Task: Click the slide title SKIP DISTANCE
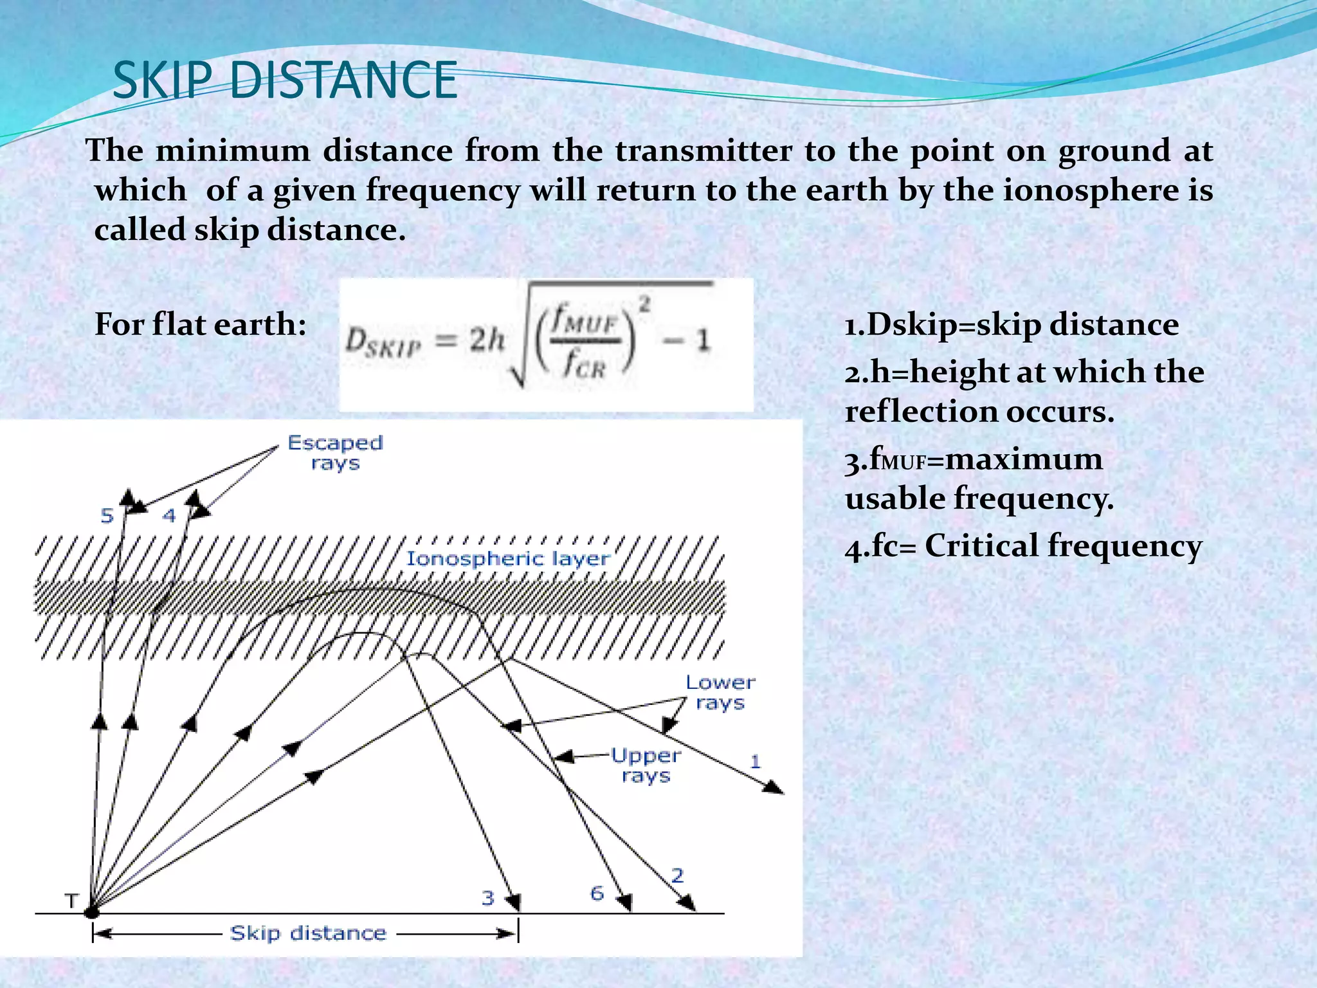[x=284, y=80]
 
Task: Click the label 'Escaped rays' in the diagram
[x=334, y=452]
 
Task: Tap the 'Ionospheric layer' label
[x=507, y=558]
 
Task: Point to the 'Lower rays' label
[x=720, y=692]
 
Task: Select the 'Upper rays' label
[x=646, y=765]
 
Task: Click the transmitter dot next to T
[x=92, y=911]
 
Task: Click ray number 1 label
[x=756, y=762]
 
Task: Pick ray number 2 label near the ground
[x=677, y=875]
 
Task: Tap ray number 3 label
[x=488, y=897]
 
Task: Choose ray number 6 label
[x=597, y=893]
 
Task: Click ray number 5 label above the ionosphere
[x=107, y=515]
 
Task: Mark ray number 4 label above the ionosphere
[x=168, y=515]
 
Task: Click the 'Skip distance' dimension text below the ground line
[x=308, y=933]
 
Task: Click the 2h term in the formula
[x=486, y=339]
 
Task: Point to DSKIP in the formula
[x=383, y=342]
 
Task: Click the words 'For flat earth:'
[x=200, y=324]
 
